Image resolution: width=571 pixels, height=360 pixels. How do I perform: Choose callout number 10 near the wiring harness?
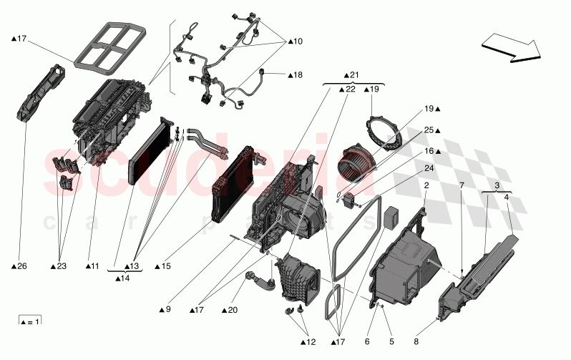(x=295, y=42)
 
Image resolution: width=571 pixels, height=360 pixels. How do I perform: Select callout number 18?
(x=295, y=74)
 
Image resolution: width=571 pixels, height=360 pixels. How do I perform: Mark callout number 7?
(x=462, y=185)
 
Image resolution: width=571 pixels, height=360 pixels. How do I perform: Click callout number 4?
(x=507, y=197)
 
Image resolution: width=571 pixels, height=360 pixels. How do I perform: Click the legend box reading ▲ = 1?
(x=29, y=320)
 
